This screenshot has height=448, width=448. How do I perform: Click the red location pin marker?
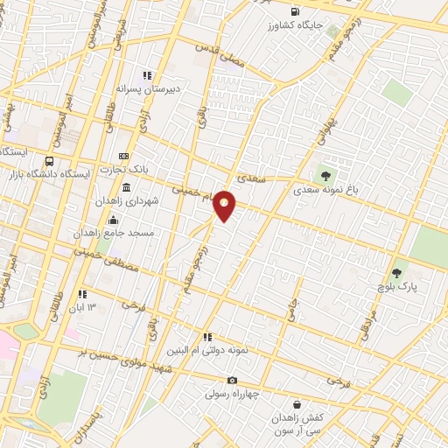(225, 206)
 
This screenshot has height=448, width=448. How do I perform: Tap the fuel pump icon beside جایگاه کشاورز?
(294, 12)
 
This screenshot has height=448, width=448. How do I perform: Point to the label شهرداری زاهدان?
(153, 200)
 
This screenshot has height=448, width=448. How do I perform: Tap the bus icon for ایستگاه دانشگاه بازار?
(49, 162)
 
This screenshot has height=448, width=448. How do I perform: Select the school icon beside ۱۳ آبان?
(82, 295)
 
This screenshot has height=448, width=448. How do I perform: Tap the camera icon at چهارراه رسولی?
(232, 380)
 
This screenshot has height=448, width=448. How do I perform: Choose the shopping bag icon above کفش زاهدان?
(298, 405)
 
